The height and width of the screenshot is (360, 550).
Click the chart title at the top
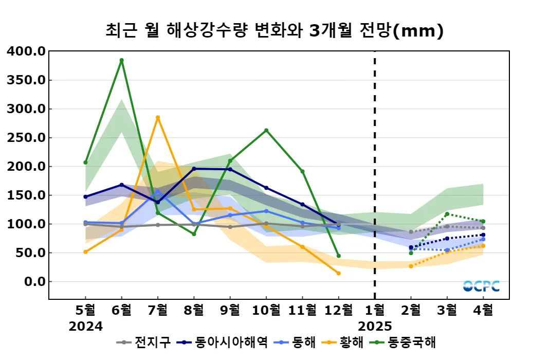[274, 31]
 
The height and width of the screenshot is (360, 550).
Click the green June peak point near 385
[121, 60]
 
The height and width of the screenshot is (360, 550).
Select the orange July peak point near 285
[158, 117]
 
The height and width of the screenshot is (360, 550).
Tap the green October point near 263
[266, 130]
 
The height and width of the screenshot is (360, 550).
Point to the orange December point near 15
[338, 273]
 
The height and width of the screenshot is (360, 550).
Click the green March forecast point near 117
[447, 214]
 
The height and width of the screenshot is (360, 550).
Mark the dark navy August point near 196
[194, 169]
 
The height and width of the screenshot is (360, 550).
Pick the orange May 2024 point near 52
[85, 251]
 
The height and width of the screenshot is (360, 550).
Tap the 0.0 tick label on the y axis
[33, 282]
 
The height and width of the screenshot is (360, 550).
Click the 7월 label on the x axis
[158, 310]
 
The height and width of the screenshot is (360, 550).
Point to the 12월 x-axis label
[338, 310]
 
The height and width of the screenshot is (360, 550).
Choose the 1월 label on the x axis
[374, 310]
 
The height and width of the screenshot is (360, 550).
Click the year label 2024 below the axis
[85, 326]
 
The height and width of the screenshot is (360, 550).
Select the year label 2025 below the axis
[374, 326]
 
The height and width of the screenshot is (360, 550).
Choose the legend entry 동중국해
[409, 342]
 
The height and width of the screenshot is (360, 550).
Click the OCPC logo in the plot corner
[481, 286]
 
